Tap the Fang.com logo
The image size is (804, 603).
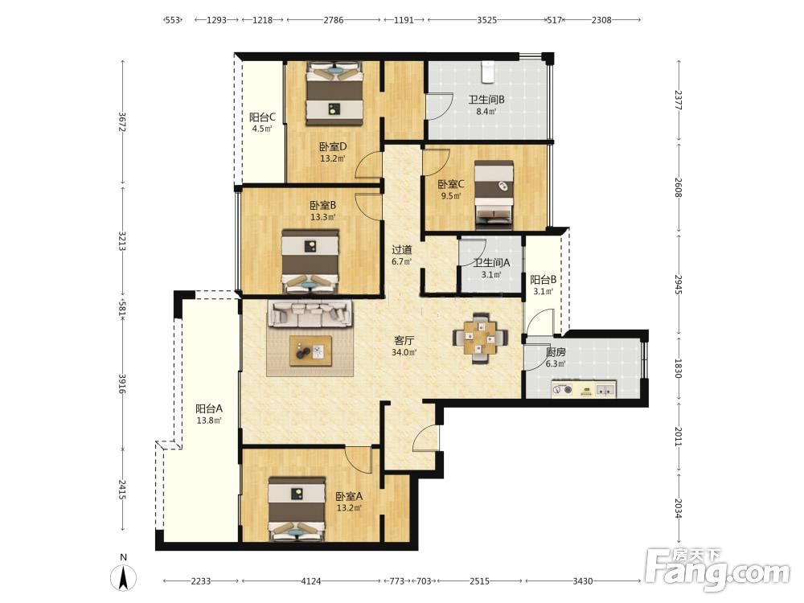718,568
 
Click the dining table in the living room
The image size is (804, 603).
481,338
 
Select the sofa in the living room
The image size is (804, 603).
310,314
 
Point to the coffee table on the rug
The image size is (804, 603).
310,351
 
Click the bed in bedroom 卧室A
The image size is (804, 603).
297,508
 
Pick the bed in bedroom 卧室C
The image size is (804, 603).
494,195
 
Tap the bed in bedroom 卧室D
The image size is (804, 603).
334,92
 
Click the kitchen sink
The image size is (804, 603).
605,390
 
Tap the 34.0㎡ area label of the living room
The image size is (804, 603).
404,352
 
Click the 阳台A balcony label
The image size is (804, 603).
209,408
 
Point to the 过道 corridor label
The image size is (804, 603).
402,250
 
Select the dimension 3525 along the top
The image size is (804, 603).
486,20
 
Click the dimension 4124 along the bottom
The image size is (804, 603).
310,581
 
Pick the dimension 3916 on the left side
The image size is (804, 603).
122,384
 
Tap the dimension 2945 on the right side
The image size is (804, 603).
679,284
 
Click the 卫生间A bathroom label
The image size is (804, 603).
492,263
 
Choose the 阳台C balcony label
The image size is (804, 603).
263,117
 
